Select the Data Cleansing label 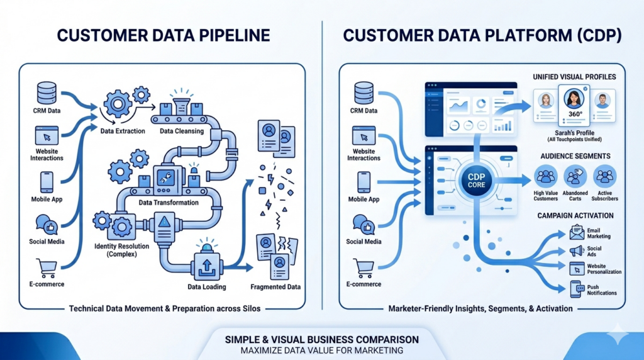pyautogui.click(x=181, y=131)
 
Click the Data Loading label pyautogui.click(x=207, y=287)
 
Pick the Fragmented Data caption pyautogui.click(x=276, y=287)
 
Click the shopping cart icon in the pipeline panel pyautogui.click(x=47, y=267)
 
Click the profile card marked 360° pyautogui.click(x=574, y=106)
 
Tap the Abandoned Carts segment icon pyautogui.click(x=575, y=176)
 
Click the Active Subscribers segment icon pyautogui.click(x=604, y=176)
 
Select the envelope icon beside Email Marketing pyautogui.click(x=576, y=233)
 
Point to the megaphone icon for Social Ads pyautogui.click(x=576, y=251)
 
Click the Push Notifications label pyautogui.click(x=601, y=290)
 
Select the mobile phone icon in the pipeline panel pyautogui.click(x=47, y=182)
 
